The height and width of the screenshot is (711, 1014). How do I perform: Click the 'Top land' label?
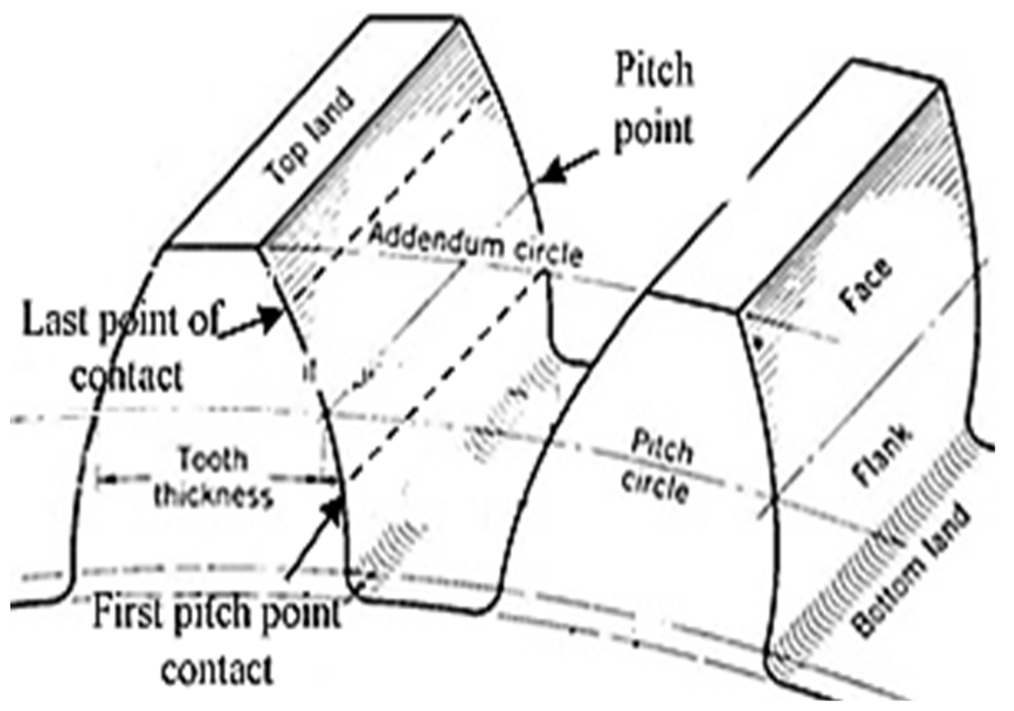(310, 137)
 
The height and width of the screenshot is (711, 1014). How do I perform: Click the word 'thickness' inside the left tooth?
(213, 497)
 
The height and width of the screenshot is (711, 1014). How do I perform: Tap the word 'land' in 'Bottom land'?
(941, 535)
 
